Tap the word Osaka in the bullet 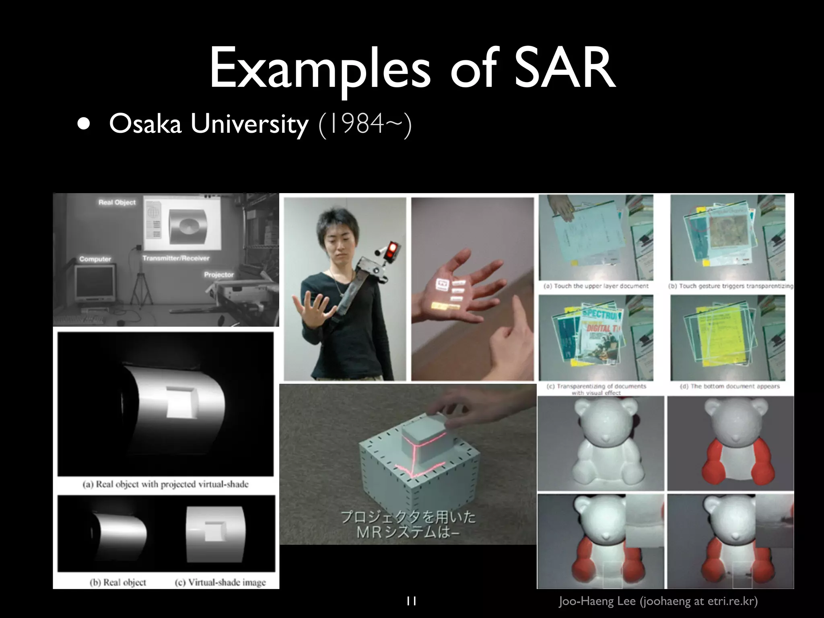145,124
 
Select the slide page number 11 411,601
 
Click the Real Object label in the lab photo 117,202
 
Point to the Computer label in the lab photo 95,259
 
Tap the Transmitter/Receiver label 176,258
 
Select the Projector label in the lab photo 218,275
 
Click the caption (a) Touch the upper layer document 596,286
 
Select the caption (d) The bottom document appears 729,386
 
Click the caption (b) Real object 118,582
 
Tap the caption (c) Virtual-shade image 220,582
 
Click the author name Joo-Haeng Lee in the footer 597,601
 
